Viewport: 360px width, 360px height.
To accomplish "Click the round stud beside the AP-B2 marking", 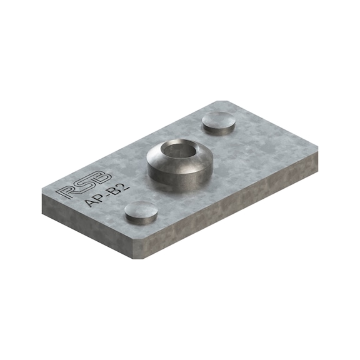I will pyautogui.click(x=141, y=212).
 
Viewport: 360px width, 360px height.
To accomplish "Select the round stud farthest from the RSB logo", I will pyautogui.click(x=219, y=122).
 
